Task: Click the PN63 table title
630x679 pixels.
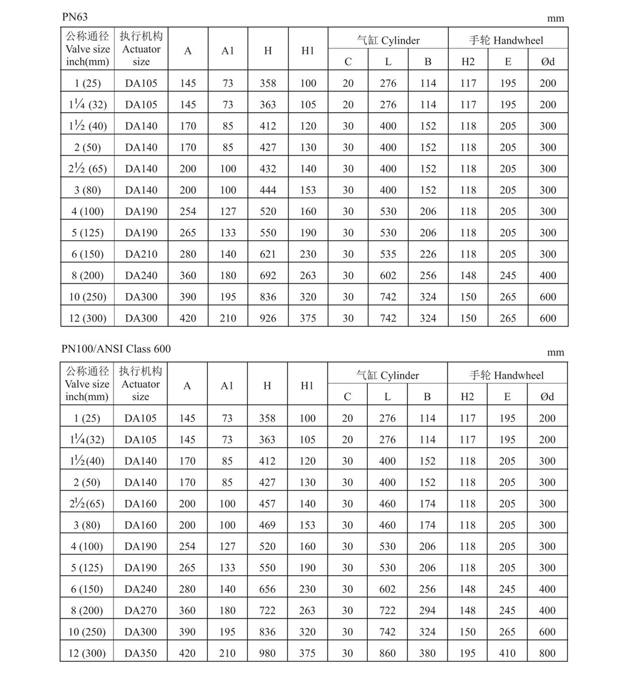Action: [x=75, y=17]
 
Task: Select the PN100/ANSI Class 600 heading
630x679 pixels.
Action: [x=120, y=349]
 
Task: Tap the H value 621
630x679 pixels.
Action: [x=268, y=254]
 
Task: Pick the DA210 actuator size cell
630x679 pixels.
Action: [x=141, y=254]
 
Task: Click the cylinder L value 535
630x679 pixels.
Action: [x=388, y=254]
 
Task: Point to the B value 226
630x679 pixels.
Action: [x=428, y=254]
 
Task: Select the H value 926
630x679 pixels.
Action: [x=268, y=318]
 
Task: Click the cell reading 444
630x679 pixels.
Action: [x=268, y=190]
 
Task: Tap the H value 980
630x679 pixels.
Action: [x=267, y=653]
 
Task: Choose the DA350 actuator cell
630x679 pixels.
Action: [x=141, y=653]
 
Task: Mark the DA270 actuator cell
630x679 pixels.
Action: [x=141, y=611]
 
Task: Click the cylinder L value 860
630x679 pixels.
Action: [x=388, y=653]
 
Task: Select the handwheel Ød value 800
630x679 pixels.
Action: [x=547, y=653]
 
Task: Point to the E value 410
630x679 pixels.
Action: [x=507, y=653]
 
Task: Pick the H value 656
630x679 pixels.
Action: [x=267, y=589]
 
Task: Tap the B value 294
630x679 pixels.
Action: [x=427, y=611]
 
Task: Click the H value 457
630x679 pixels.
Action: [x=267, y=504]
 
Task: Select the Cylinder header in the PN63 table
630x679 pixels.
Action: [x=388, y=41]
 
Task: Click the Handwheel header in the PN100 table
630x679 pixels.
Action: [x=506, y=376]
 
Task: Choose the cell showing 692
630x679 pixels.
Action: [x=268, y=276]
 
